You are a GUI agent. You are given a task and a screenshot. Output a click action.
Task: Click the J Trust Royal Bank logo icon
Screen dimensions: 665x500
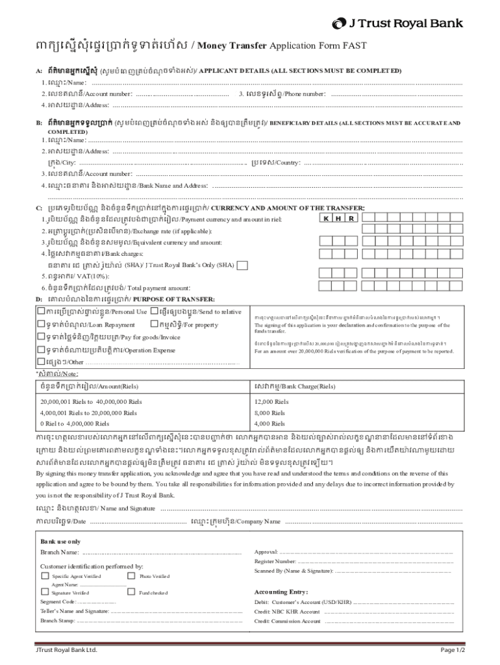coord(340,24)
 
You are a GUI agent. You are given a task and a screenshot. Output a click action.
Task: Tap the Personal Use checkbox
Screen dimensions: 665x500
coord(41,312)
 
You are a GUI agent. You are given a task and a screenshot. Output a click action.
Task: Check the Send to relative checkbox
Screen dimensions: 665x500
coord(154,312)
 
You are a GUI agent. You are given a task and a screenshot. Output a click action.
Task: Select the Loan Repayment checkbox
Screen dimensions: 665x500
coord(41,324)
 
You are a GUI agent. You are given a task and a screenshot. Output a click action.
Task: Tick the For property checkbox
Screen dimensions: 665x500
coord(154,324)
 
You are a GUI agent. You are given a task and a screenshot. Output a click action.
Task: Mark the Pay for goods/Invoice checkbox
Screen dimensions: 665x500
coord(41,337)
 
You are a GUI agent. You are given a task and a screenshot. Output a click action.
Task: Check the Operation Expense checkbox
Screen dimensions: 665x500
coord(41,350)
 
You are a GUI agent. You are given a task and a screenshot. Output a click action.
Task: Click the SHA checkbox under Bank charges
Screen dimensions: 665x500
coord(242,265)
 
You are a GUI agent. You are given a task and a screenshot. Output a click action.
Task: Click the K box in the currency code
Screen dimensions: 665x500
coord(327,218)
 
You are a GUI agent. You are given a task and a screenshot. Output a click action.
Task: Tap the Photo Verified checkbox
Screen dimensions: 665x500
coord(132,576)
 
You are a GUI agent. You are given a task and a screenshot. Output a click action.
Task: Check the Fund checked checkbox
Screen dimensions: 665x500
coord(132,592)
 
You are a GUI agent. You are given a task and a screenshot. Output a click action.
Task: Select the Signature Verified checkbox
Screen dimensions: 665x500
coord(45,592)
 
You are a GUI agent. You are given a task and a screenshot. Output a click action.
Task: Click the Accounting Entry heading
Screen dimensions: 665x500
coord(281,592)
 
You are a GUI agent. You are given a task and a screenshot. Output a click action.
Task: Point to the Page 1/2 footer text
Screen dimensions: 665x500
coord(453,649)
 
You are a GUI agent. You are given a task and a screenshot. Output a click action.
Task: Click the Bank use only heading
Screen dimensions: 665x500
coord(60,541)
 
